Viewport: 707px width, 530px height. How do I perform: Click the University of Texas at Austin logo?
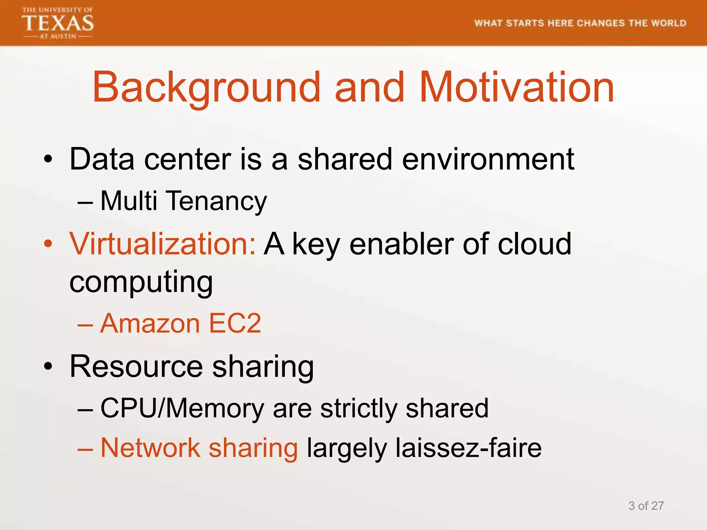58,23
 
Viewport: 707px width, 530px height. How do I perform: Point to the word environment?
488,159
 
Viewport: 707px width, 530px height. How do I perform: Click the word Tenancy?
217,201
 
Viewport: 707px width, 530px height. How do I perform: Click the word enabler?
401,244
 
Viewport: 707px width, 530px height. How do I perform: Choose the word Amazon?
150,324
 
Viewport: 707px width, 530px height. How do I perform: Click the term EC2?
235,324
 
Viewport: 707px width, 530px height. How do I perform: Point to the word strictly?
359,409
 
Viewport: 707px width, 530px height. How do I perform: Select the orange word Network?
150,448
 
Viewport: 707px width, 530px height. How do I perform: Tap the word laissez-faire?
468,448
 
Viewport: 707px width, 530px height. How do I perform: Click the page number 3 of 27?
646,506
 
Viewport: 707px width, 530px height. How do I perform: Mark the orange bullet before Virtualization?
48,244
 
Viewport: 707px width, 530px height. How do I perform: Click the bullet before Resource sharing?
48,366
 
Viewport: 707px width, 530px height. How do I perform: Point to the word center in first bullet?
187,159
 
